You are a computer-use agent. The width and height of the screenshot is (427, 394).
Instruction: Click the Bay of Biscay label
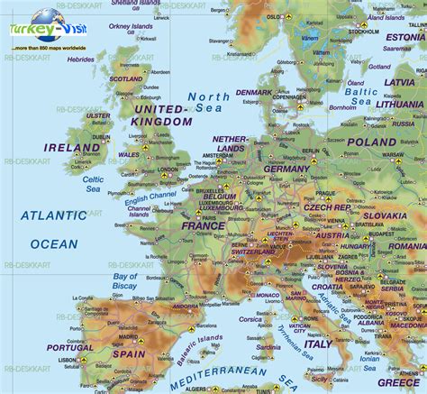[x=126, y=282]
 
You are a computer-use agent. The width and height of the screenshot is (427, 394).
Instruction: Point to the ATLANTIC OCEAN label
[x=54, y=229]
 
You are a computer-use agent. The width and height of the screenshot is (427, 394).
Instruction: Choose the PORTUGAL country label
[x=70, y=347]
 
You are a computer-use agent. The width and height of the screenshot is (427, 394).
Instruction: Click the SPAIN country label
[x=129, y=354]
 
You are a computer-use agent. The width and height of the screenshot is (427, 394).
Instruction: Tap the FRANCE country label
[x=203, y=226]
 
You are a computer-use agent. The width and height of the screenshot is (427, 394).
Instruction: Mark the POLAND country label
[x=371, y=142]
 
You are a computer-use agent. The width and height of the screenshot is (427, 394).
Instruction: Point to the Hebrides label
[x=80, y=59]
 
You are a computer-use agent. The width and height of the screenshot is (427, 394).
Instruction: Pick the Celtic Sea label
[x=93, y=184]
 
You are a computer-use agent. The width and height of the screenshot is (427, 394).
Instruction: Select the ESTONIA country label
[x=404, y=37]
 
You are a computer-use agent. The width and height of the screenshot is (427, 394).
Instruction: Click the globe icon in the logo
[x=41, y=20]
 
